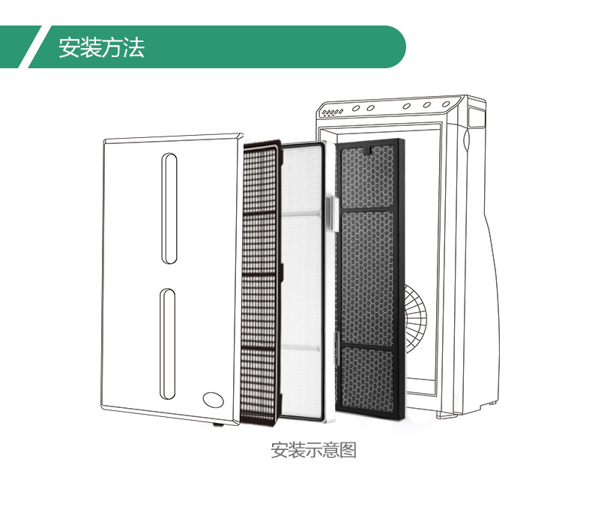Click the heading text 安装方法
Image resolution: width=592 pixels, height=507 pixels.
coord(101,48)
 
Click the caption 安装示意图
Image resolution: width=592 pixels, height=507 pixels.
coord(313,451)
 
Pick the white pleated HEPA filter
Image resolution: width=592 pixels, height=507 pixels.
coord(304,277)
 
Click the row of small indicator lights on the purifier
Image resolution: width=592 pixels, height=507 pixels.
coord(331,113)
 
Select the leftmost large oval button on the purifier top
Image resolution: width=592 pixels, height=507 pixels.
coord(354,107)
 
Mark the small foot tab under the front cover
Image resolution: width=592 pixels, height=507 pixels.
coord(218,424)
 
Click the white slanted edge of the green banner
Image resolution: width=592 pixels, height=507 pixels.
coord(34,47)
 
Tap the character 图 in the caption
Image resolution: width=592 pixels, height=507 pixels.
coord(348,451)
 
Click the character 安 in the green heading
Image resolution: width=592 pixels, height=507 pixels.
coord(69,48)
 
